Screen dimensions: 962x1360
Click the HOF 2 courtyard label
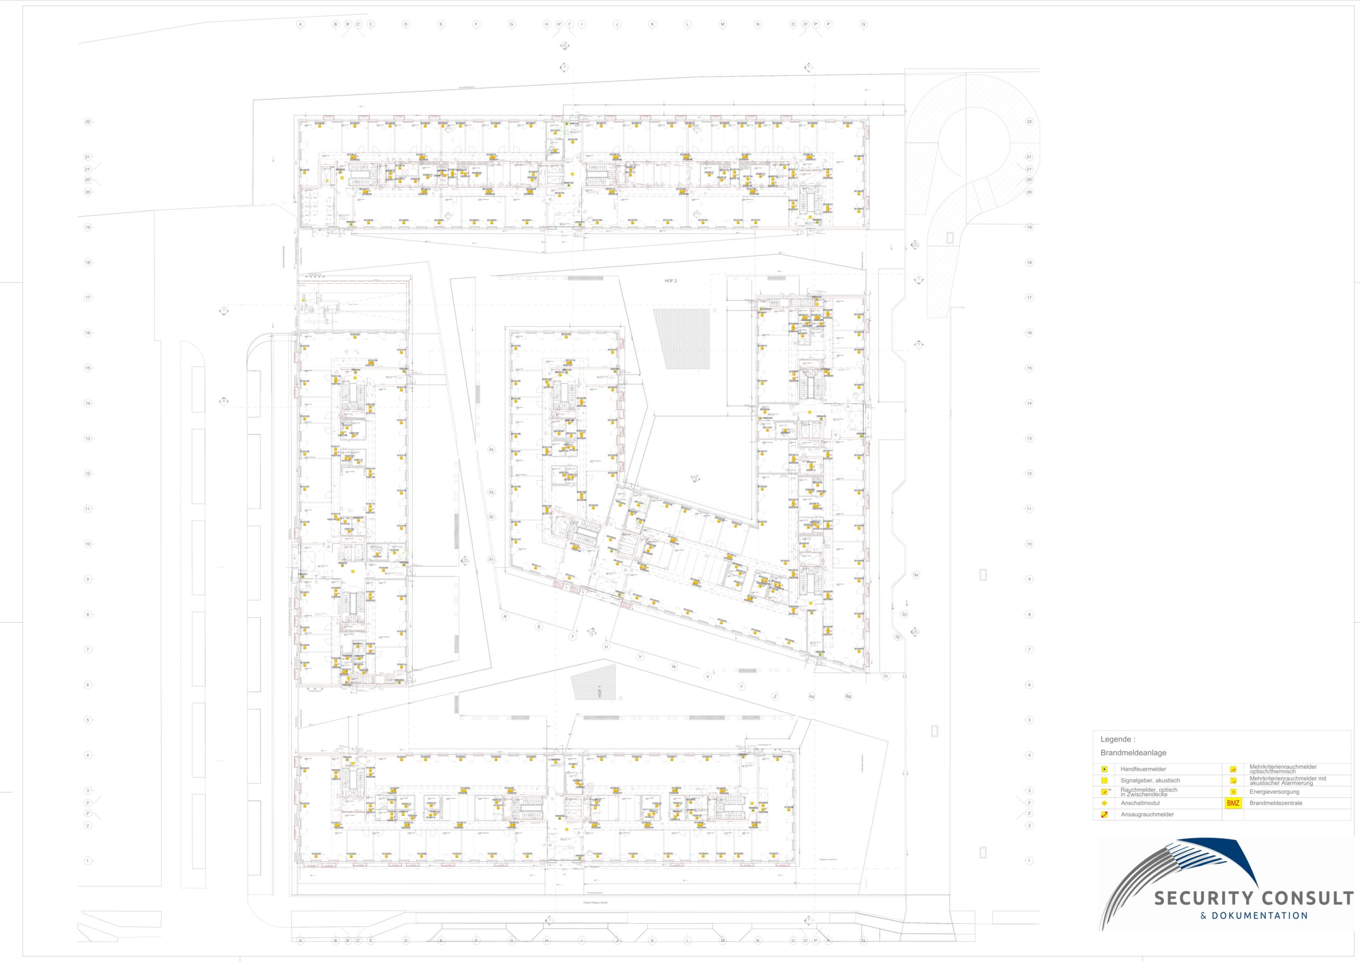(670, 281)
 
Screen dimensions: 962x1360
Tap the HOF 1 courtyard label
(600, 692)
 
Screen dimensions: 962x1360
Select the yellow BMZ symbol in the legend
(1232, 803)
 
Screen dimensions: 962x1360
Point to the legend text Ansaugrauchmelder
(1147, 814)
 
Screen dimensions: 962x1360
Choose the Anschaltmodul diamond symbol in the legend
(1104, 803)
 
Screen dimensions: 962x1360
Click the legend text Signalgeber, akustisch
(1150, 780)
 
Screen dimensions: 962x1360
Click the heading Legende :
(1117, 739)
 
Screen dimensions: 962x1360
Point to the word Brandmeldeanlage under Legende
(1133, 753)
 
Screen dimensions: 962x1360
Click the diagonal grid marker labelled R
(505, 617)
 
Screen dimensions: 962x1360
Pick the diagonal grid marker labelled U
(606, 647)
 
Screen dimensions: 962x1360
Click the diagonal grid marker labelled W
(674, 667)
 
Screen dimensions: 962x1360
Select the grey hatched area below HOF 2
(681, 339)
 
